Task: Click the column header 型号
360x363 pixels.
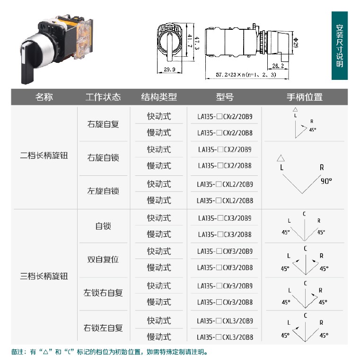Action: [225, 97]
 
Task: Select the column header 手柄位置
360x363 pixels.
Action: [304, 97]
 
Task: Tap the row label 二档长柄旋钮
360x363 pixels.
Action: [44, 155]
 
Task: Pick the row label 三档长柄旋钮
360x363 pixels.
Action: [44, 276]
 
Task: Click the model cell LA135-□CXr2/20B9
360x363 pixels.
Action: [225, 116]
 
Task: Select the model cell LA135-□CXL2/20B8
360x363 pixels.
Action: [225, 200]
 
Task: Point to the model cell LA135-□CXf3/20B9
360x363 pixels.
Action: [225, 251]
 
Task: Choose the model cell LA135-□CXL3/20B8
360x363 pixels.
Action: [225, 337]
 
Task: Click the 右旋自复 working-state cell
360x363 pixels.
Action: [103, 124]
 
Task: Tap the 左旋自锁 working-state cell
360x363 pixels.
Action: [103, 191]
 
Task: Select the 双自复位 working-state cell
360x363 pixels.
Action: [103, 259]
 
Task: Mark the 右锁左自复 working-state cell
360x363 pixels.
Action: [103, 328]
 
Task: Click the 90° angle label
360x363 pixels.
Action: [326, 181]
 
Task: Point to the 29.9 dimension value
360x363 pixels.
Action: [169, 69]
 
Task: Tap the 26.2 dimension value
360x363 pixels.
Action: [278, 66]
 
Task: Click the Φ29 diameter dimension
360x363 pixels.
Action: [296, 43]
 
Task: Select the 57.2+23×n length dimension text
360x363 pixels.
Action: [246, 75]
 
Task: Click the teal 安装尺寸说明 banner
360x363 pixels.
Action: [340, 45]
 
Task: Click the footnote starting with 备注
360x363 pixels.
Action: [109, 352]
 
